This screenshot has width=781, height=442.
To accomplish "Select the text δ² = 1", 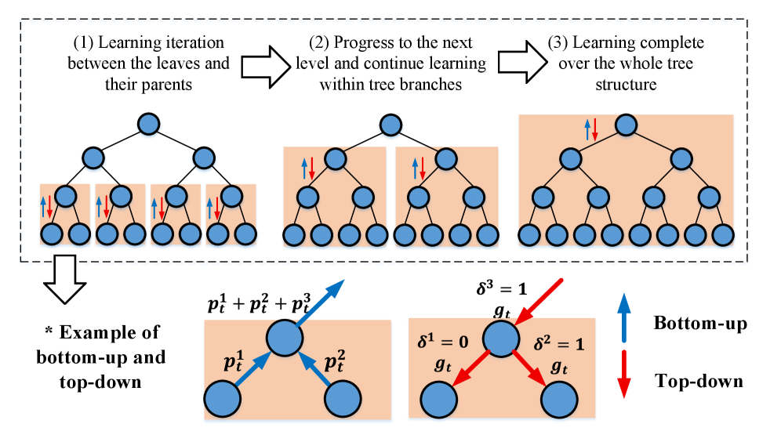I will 558,343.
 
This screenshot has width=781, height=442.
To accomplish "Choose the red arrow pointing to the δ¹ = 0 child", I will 470,368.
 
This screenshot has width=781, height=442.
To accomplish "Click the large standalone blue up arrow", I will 623,317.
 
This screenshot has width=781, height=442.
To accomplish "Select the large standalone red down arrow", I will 623,374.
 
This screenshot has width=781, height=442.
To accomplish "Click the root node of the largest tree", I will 626,125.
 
